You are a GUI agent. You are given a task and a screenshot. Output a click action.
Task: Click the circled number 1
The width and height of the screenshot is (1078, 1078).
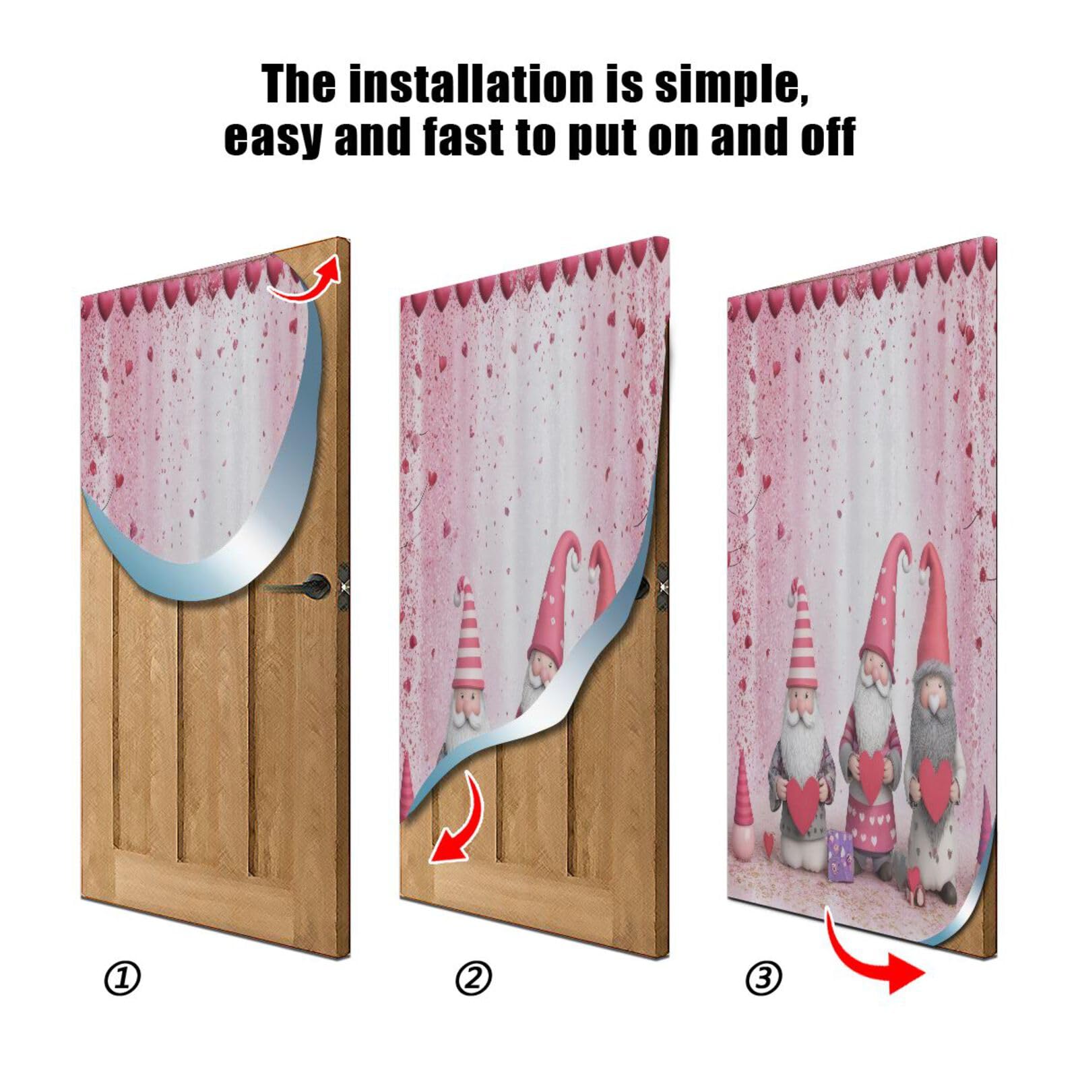click(x=122, y=978)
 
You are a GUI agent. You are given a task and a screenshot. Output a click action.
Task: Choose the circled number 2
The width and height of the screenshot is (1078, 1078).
click(x=473, y=978)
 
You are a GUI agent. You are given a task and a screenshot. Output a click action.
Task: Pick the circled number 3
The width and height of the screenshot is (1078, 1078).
click(x=763, y=978)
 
